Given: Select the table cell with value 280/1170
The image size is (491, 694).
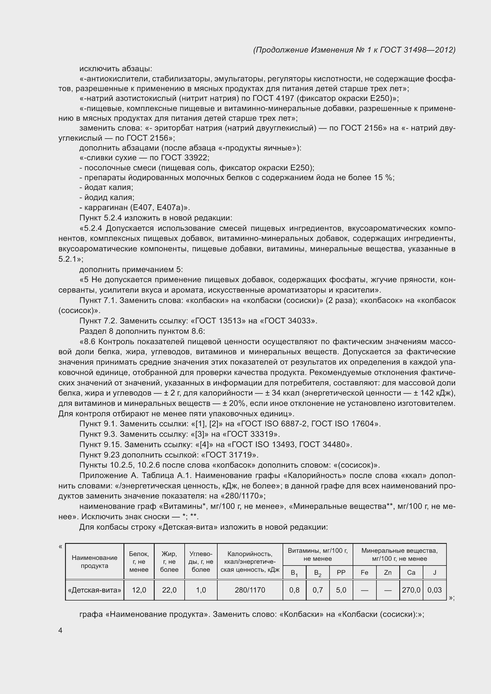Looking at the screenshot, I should (x=250, y=590).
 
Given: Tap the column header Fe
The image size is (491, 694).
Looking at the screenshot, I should (x=364, y=572).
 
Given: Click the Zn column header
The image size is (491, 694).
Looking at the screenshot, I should (x=388, y=572).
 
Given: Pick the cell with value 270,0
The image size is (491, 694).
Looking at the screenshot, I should (x=411, y=590).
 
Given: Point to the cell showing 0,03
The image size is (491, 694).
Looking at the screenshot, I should (x=435, y=590).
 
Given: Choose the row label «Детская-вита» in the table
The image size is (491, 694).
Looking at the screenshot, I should (x=95, y=590).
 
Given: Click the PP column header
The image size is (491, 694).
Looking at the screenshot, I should (x=341, y=572).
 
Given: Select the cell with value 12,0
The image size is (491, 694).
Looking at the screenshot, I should (x=139, y=590).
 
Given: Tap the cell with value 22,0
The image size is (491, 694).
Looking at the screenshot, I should (x=169, y=590).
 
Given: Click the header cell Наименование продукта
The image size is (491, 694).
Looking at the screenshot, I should (x=95, y=562).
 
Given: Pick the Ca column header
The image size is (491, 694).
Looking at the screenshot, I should (x=411, y=572).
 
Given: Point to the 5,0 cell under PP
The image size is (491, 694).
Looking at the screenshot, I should (x=341, y=590).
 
